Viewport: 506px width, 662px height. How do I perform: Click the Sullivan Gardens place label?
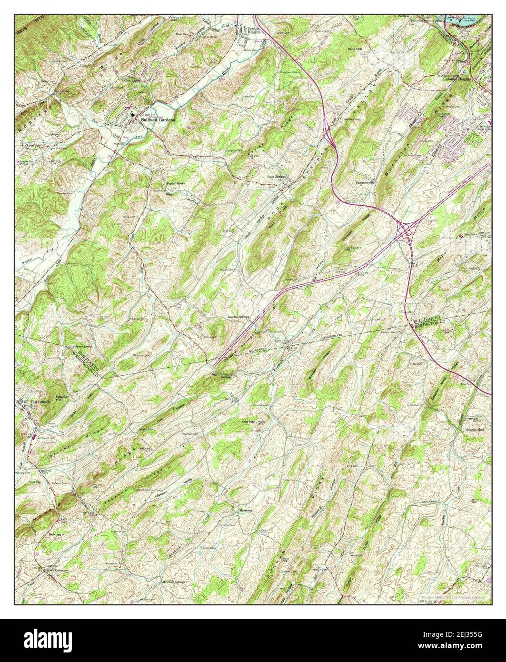(157, 120)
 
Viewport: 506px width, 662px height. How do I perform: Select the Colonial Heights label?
(457, 79)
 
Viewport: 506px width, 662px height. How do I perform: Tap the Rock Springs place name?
(276, 177)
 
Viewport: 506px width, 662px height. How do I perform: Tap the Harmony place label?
(246, 510)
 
